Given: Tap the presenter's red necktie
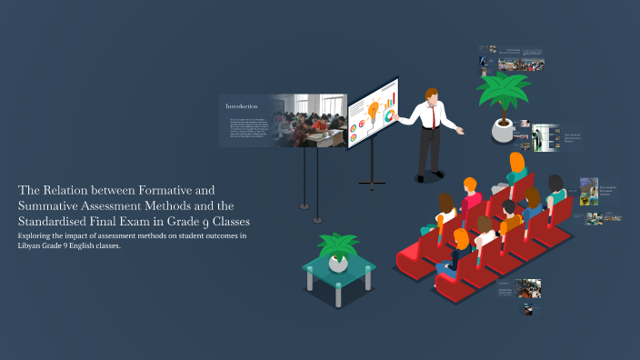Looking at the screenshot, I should pyautogui.click(x=434, y=117).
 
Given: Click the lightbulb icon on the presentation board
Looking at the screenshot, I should pyautogui.click(x=373, y=105).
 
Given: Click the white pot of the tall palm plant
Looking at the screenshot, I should pyautogui.click(x=502, y=129).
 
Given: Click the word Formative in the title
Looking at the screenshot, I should pyautogui.click(x=155, y=191).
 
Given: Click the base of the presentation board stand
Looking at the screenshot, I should pyautogui.click(x=372, y=185).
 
